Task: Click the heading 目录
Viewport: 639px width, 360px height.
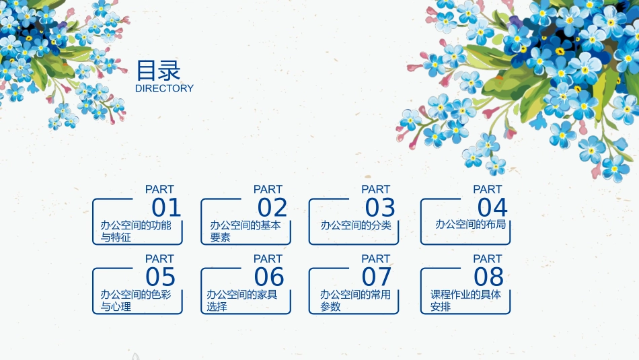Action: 158,71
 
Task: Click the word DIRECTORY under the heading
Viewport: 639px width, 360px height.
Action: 164,88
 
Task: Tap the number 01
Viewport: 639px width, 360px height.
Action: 166,208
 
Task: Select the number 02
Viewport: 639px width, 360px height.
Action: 272,208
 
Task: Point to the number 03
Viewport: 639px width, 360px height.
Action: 380,208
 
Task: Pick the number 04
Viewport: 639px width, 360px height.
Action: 492,208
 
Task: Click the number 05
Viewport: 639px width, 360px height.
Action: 160,277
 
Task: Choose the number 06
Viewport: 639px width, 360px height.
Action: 269,277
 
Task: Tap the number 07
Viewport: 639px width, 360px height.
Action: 376,277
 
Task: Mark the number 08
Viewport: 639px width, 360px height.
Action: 488,277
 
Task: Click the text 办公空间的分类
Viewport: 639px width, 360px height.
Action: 356,225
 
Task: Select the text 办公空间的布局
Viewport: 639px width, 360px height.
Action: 470,224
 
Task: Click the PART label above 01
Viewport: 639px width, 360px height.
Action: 159,190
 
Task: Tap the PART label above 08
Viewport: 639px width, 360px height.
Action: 488,259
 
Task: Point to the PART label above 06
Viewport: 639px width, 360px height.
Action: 268,259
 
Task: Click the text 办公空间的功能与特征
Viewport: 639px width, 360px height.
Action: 136,231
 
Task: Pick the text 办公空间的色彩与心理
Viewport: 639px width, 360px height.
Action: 136,300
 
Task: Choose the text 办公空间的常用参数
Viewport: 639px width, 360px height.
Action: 355,300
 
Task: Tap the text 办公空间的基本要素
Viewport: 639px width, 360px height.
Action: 245,231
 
